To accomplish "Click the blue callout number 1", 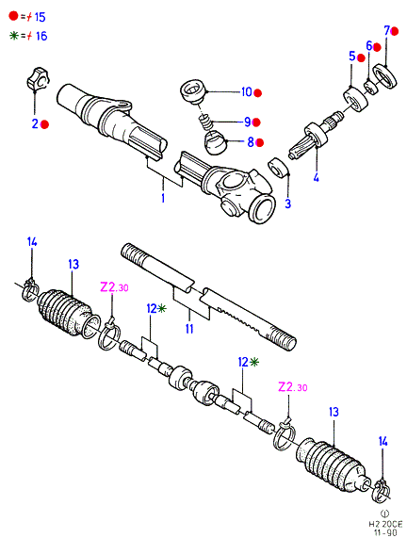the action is (163, 198).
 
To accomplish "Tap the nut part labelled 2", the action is (38, 79).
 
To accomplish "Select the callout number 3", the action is (288, 204).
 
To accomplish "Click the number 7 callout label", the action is (386, 31).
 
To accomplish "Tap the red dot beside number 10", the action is (258, 92).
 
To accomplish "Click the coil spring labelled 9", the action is (205, 122).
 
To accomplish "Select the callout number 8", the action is (251, 141).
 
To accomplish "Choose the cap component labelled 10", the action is (193, 91).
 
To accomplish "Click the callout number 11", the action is (189, 328).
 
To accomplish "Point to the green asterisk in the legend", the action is (14, 36).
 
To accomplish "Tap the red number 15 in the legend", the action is (41, 17).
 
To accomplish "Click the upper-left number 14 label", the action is (32, 241).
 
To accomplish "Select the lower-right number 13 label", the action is (334, 412).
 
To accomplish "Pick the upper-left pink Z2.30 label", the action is (114, 286).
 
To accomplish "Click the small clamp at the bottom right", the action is (381, 491).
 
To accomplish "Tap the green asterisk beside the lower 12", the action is (254, 362).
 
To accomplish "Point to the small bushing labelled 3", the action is (277, 168).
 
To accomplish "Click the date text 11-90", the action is (385, 532).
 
